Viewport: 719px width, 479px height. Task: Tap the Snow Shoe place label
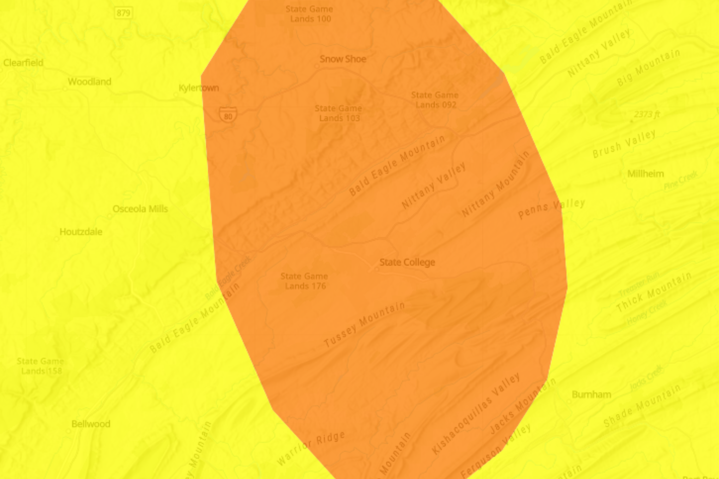343,59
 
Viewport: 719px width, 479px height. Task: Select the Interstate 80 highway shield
228,114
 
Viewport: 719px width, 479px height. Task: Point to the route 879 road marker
123,13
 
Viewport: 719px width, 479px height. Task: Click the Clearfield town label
23,63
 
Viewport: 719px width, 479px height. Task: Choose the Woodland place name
89,82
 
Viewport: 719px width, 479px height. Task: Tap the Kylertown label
199,88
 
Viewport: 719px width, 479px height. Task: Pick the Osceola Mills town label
140,209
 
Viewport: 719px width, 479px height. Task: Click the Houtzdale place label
81,232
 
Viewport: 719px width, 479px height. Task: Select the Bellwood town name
91,424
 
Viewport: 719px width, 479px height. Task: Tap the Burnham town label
591,394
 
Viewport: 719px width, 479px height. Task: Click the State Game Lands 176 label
304,281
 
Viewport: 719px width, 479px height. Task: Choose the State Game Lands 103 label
338,113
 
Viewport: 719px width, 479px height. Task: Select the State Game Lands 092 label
435,100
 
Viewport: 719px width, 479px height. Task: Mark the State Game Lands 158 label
40,366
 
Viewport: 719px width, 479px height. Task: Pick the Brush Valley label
624,144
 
